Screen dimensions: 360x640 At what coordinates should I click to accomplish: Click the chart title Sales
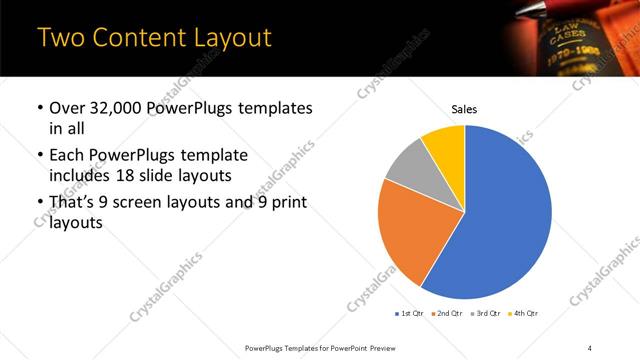465,108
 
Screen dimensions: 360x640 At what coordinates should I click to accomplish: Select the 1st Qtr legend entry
409,313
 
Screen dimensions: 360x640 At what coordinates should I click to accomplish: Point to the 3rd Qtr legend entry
486,313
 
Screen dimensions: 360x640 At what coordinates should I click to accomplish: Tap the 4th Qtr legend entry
523,313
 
